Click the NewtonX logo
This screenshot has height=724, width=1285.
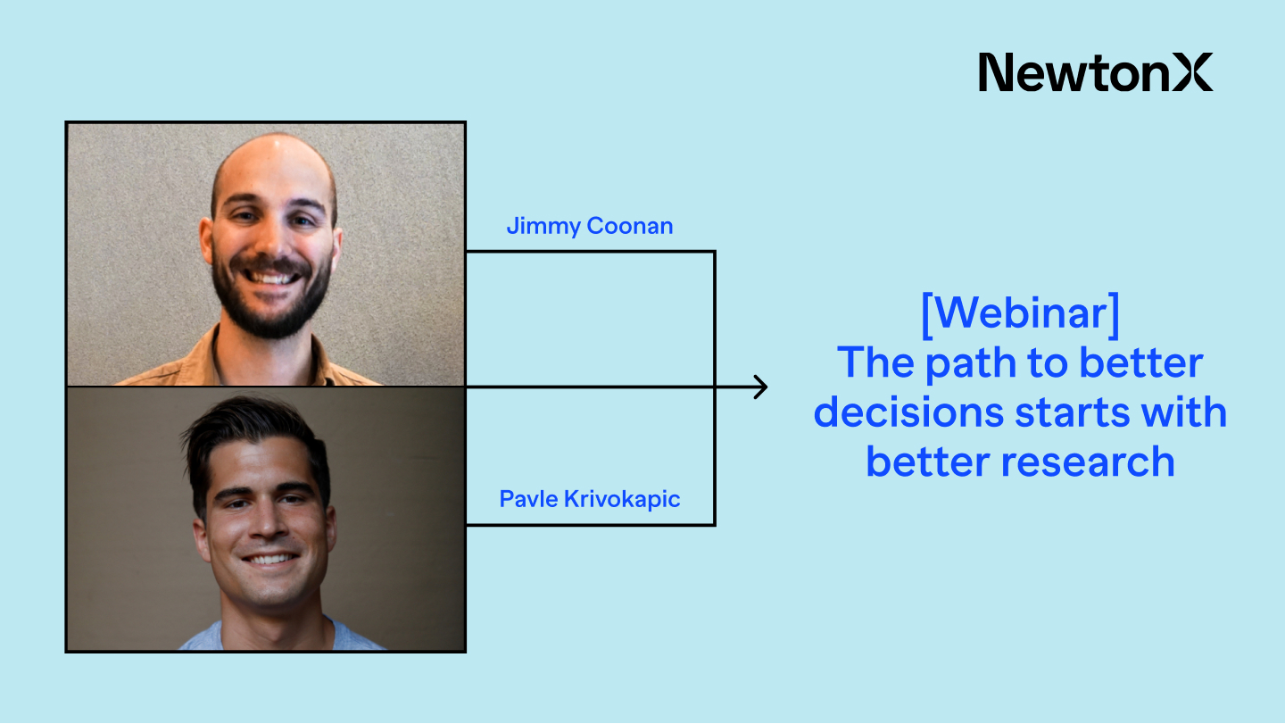[x=1095, y=72]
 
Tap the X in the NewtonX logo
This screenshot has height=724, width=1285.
[x=1192, y=72]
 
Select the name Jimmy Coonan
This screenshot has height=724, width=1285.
[x=590, y=226]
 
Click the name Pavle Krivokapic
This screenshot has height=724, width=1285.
[x=590, y=499]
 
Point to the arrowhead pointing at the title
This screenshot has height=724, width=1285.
[x=761, y=387]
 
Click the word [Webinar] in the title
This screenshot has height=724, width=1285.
[x=1021, y=314]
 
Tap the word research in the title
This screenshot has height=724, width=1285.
[x=1089, y=462]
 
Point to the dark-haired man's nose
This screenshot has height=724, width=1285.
[x=265, y=524]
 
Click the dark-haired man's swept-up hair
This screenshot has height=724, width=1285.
[x=253, y=431]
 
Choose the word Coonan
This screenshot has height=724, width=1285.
[x=630, y=226]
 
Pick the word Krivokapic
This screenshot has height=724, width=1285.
[x=623, y=499]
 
